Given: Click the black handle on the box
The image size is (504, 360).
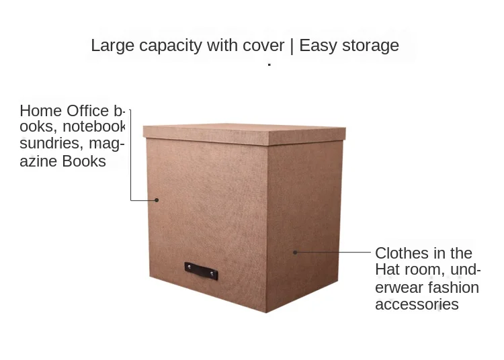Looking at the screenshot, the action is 201,271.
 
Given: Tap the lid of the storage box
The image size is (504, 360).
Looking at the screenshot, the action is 244,134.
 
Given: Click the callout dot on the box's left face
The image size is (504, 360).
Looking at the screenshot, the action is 157,199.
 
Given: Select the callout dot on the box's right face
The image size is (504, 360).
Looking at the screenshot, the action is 294,252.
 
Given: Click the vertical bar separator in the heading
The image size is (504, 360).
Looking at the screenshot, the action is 292,46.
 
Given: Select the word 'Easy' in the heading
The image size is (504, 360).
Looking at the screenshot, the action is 319,46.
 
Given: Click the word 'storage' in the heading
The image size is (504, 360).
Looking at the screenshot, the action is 370,46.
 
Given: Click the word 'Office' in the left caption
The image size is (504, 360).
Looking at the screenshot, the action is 87,111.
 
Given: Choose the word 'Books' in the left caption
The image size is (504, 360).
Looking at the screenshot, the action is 84,161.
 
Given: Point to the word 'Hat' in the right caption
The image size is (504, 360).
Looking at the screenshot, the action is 388,270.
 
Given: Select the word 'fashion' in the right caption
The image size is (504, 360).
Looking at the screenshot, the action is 454,287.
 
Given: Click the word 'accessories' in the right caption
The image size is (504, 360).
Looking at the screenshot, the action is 417,304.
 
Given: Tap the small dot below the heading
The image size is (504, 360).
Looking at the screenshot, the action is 269,64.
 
